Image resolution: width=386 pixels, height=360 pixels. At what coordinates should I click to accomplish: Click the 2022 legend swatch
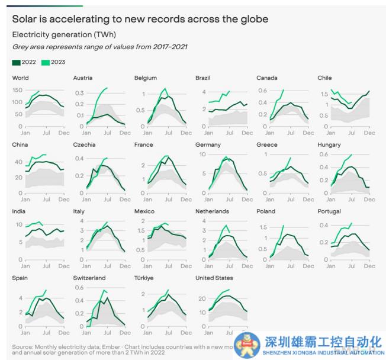[15, 61]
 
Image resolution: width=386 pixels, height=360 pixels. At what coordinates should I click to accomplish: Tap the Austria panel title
[82, 78]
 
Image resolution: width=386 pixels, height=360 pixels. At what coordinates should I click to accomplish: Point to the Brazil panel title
[204, 78]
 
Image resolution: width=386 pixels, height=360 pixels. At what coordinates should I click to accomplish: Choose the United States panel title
[214, 278]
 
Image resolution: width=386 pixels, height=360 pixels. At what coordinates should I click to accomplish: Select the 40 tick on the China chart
[18, 161]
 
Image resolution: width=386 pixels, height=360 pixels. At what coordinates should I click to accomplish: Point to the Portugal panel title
[329, 211]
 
